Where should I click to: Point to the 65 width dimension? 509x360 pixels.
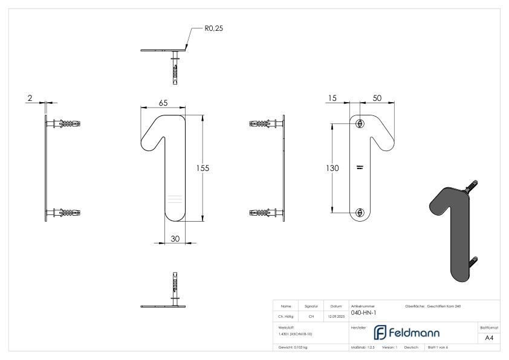(x=163, y=103)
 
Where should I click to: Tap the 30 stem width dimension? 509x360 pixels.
(x=175, y=239)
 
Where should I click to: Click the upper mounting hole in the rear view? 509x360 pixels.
(x=360, y=124)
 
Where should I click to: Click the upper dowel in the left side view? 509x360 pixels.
(x=66, y=124)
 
